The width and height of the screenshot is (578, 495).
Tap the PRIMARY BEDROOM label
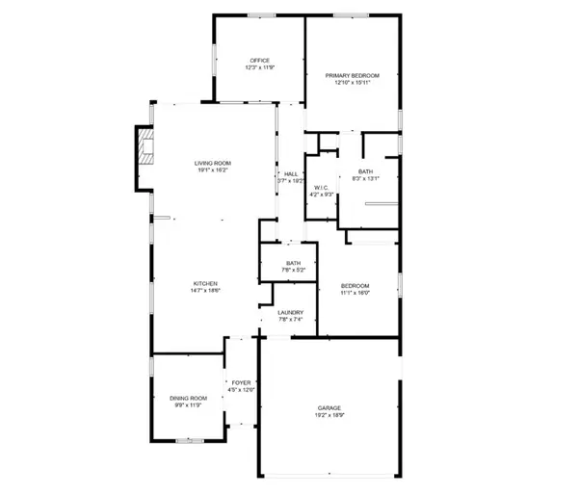click(x=353, y=75)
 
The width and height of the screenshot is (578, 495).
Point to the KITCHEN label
click(x=203, y=283)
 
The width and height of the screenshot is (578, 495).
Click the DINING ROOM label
click(x=189, y=398)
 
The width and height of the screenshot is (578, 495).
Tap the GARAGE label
click(x=329, y=408)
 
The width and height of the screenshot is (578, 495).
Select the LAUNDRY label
click(x=291, y=312)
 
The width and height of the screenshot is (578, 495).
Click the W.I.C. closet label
click(x=321, y=188)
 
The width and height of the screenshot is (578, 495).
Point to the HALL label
click(x=290, y=173)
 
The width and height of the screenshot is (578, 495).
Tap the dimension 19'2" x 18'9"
click(x=329, y=416)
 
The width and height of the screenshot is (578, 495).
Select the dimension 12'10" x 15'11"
click(x=353, y=83)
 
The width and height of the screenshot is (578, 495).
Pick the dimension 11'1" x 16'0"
click(x=356, y=293)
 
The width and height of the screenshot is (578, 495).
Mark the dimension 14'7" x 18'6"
click(x=203, y=291)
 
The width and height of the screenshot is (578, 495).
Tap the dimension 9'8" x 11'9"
click(x=189, y=405)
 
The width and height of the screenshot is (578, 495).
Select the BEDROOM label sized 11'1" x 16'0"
click(x=356, y=286)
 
